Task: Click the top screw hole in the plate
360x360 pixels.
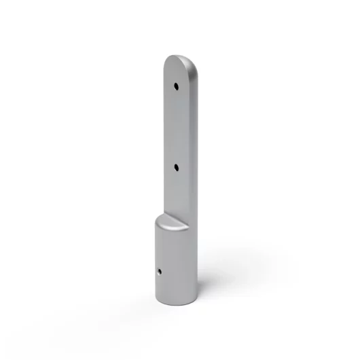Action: (176, 86)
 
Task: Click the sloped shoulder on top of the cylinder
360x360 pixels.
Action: (170, 221)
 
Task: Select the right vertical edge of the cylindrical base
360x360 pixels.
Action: (197, 265)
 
